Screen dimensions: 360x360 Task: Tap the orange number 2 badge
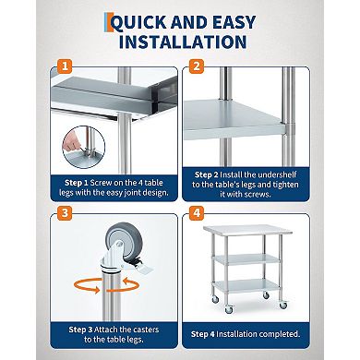196,66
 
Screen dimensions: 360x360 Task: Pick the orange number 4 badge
196,212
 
